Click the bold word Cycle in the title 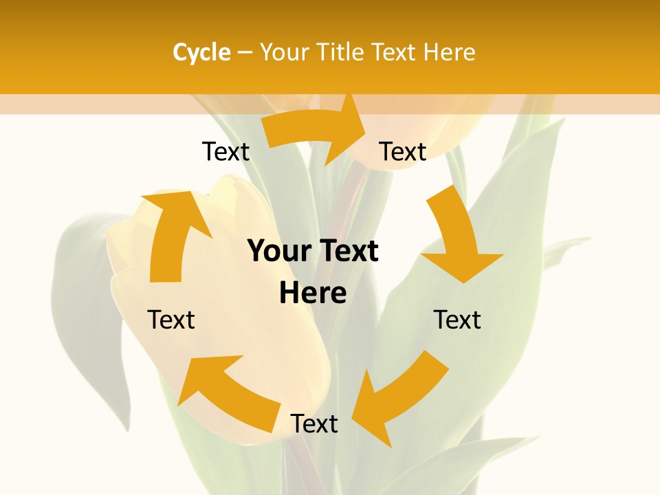[201, 52]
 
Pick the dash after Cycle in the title [245, 52]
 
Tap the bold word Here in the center [313, 293]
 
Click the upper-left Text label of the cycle [225, 151]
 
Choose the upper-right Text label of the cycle [403, 151]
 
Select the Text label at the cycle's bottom [313, 423]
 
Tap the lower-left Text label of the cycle [171, 320]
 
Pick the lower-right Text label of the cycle [457, 320]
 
